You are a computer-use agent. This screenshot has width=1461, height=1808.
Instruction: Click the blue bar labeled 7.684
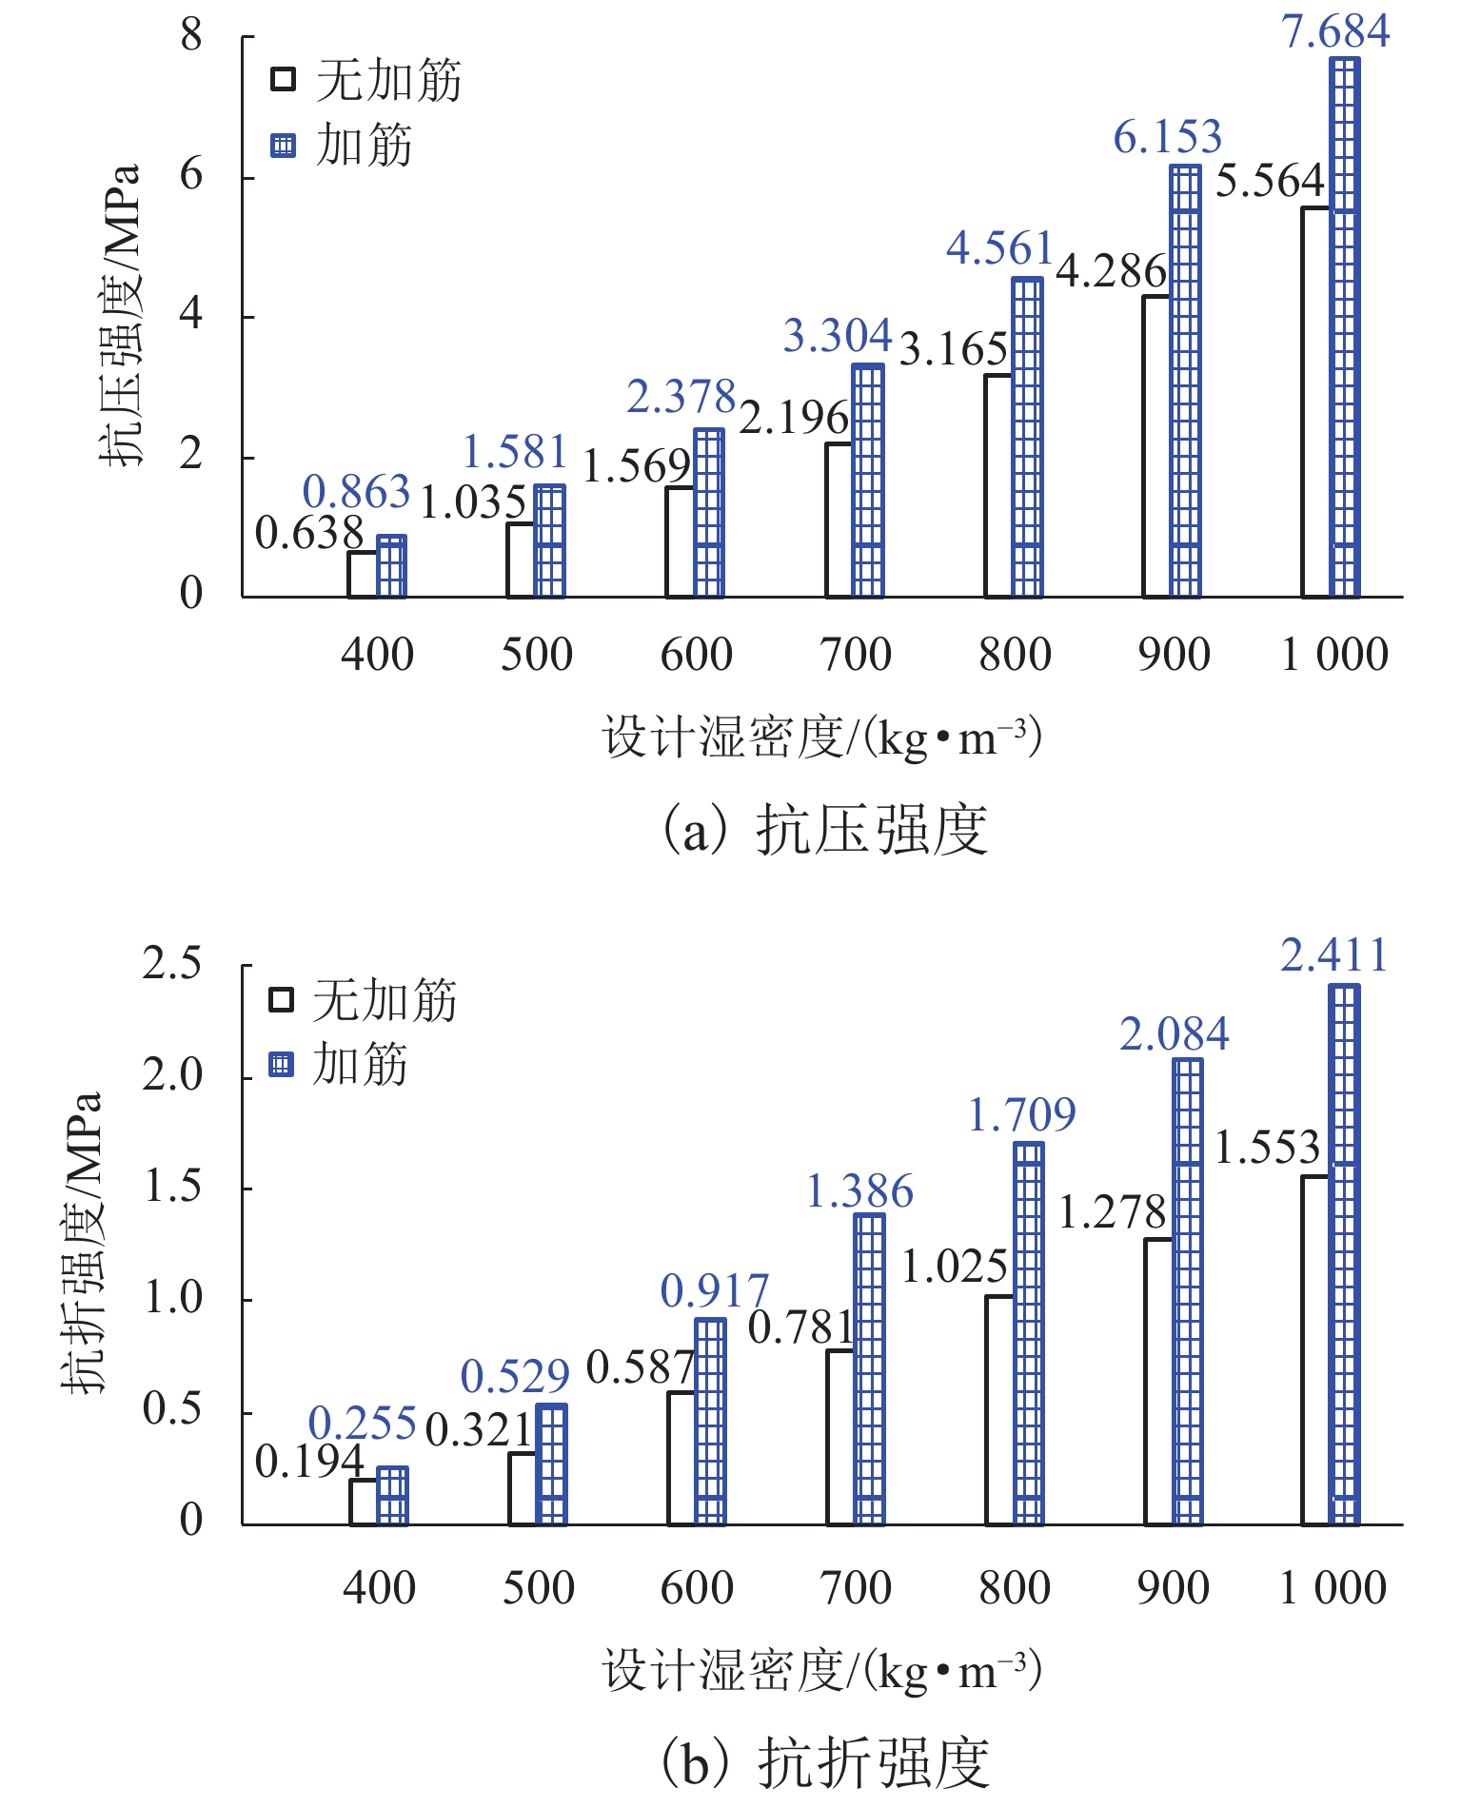1344,328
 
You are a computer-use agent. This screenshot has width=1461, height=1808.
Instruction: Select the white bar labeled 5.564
1315,403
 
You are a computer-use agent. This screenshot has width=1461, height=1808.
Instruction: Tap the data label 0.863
356,493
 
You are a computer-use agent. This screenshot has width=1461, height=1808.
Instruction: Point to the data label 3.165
953,350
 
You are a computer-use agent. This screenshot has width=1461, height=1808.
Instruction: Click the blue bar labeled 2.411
1344,1256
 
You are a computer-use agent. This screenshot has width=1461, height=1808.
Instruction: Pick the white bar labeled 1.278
1158,1382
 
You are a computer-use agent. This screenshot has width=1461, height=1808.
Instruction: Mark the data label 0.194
309,1462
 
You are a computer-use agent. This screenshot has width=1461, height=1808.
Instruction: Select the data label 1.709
1021,1115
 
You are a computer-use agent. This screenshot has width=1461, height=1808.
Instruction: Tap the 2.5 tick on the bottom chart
172,964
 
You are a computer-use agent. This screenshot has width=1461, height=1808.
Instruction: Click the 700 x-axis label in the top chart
856,655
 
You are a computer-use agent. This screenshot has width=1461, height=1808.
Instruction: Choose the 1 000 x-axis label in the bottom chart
1333,1588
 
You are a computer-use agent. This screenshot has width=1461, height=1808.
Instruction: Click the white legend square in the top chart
283,79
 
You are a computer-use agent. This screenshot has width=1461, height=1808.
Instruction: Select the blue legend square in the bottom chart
281,1064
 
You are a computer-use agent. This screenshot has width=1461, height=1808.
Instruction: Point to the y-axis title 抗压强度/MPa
121,316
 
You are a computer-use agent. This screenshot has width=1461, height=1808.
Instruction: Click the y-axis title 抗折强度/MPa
82,1244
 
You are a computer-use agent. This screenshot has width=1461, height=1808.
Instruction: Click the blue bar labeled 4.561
1027,438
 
